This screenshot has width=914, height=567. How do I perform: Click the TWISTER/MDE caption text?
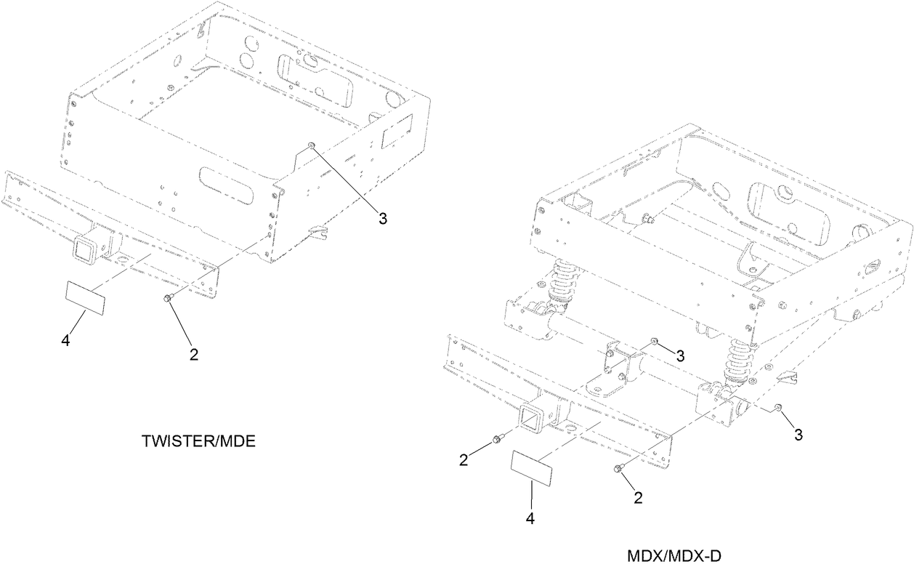[x=198, y=441]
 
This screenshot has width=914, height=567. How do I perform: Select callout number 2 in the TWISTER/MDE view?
[x=193, y=354]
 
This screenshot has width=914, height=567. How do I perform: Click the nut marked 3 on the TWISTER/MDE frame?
[x=310, y=146]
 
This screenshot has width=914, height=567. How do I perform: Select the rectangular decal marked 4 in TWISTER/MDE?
[x=84, y=298]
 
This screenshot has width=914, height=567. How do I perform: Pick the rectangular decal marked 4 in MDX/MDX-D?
[x=532, y=468]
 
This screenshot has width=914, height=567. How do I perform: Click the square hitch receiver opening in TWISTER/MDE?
[x=81, y=248]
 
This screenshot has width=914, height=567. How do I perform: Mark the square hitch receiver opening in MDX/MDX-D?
[x=529, y=418]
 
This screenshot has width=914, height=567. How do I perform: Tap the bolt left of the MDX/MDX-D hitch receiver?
[x=498, y=438]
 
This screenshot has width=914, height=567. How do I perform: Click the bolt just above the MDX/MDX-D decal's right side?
[x=618, y=469]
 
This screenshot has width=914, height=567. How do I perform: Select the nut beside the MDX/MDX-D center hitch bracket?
[x=654, y=340]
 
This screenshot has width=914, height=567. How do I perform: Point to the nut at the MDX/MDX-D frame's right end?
[x=777, y=408]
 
